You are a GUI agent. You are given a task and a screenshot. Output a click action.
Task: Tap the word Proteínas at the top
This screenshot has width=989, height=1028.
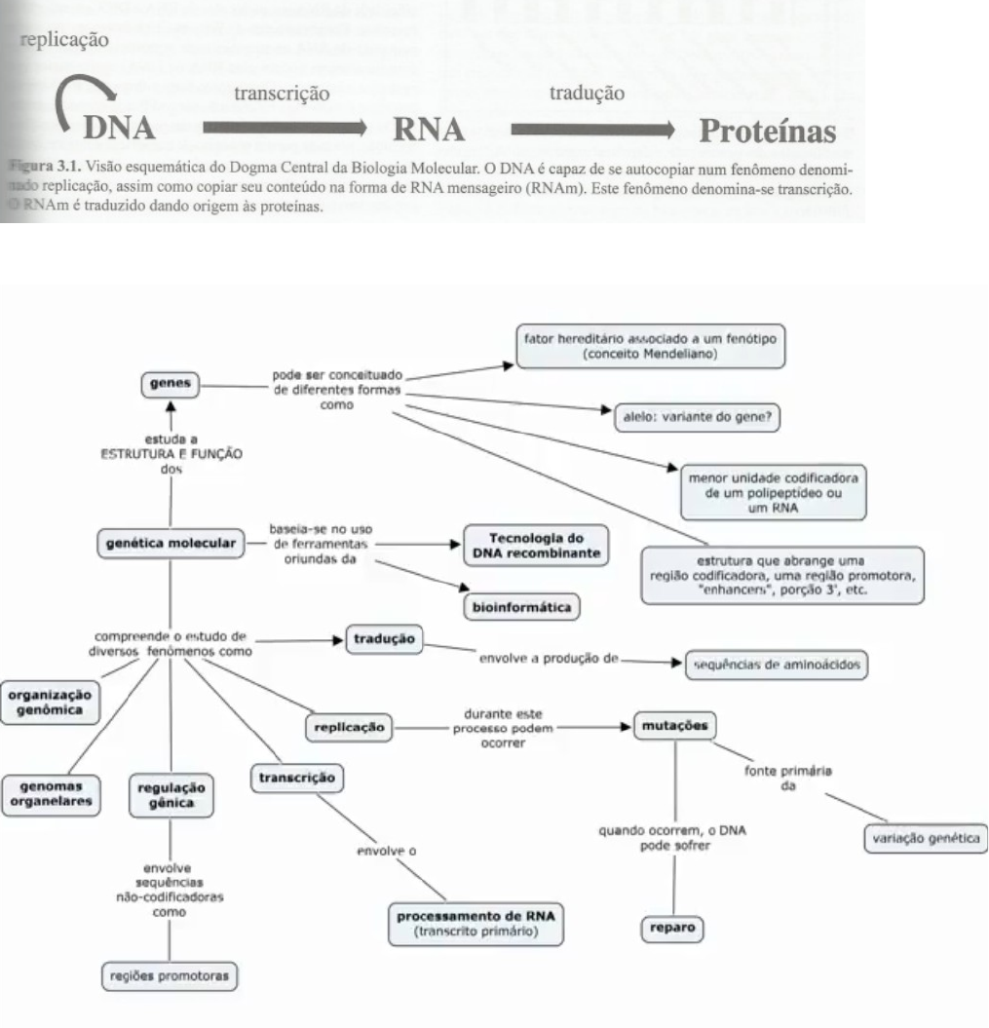[771, 130]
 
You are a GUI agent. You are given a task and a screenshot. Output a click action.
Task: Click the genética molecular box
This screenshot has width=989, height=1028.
[170, 543]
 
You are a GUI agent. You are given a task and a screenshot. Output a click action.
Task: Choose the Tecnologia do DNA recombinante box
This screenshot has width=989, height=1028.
[535, 546]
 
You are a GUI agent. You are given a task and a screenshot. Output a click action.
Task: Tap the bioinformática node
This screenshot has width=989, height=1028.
[520, 607]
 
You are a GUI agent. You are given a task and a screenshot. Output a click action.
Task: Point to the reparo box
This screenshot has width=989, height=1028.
[672, 929]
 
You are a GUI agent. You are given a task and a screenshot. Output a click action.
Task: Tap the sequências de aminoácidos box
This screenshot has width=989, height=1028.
[775, 665]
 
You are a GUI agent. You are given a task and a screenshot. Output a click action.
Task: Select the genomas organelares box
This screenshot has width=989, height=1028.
[53, 792]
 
